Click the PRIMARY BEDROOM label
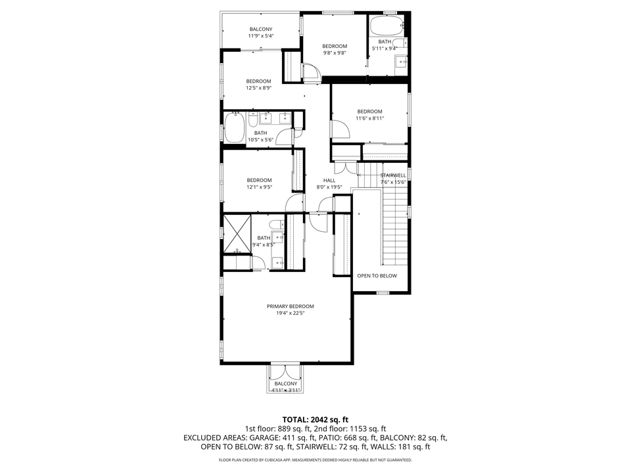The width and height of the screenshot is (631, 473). (x=290, y=306)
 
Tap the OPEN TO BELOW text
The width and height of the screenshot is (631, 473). (x=377, y=276)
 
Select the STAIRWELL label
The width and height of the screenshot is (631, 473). (x=393, y=175)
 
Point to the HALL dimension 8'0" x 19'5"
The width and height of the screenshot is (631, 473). (x=329, y=187)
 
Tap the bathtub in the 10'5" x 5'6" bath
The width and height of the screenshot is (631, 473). (x=234, y=128)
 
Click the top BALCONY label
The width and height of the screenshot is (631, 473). (x=260, y=29)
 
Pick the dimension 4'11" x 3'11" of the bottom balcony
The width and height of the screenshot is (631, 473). (x=285, y=391)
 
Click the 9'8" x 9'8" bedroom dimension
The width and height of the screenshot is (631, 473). (x=334, y=53)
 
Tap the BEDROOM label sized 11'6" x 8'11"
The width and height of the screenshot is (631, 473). (x=369, y=112)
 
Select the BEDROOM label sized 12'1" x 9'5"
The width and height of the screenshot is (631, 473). (x=259, y=181)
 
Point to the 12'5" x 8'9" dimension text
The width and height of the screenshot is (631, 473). (x=258, y=88)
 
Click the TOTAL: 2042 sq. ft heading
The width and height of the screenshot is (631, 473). (x=315, y=418)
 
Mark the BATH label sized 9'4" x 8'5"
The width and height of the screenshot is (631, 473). (x=264, y=238)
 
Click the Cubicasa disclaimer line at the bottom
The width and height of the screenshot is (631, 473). (x=315, y=461)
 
